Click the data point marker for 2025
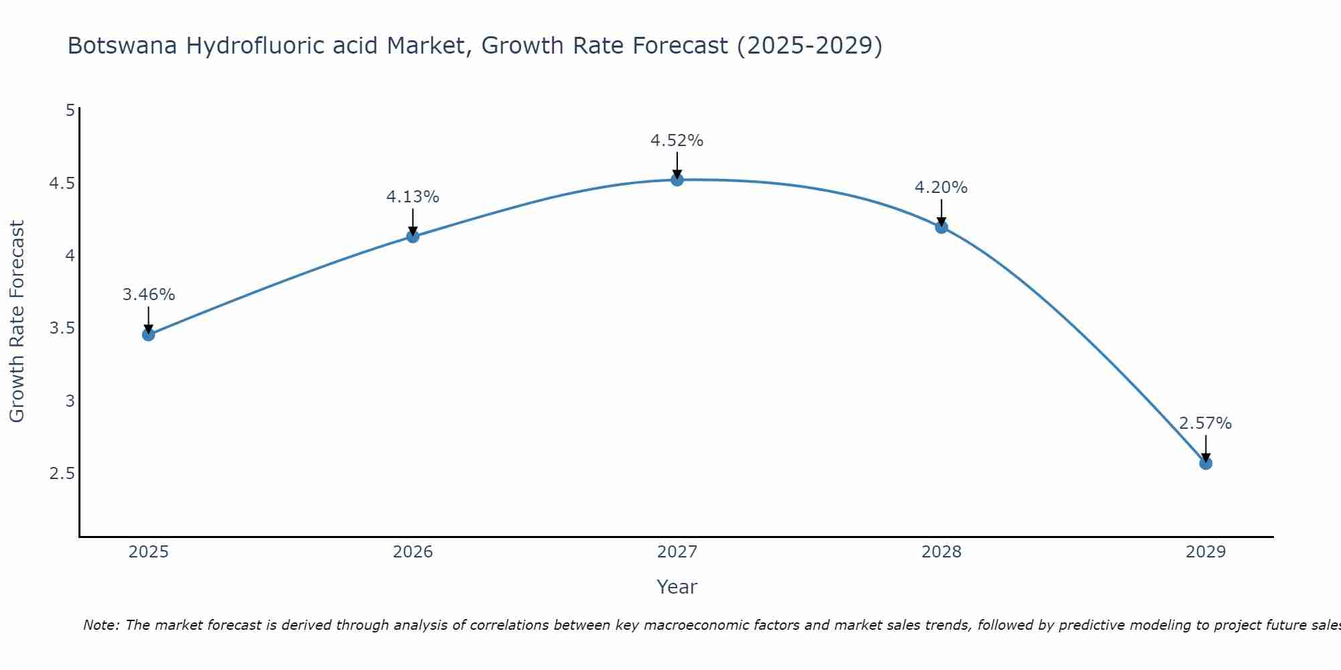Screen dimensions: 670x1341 point(149,334)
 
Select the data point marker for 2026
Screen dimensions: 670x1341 point(413,236)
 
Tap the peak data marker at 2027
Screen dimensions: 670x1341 point(677,180)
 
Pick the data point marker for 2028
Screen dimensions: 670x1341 point(941,226)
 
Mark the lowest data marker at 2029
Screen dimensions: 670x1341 point(1206,463)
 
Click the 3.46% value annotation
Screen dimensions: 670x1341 point(149,295)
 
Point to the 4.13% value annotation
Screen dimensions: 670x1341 point(413,197)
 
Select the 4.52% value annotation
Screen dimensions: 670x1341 point(677,141)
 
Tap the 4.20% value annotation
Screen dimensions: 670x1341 point(941,188)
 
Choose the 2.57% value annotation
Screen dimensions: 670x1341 point(1206,423)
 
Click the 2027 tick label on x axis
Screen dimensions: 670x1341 point(677,552)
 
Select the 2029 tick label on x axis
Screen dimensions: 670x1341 point(1206,552)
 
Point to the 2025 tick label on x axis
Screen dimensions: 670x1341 point(149,552)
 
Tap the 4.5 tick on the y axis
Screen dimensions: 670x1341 point(62,183)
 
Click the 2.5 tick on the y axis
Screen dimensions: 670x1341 point(62,474)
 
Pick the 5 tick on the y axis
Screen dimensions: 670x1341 point(70,110)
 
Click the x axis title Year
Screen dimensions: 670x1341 point(677,587)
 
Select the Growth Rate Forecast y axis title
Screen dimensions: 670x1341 point(17,322)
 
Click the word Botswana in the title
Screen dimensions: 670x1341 point(123,46)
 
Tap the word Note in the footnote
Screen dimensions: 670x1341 point(101,625)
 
